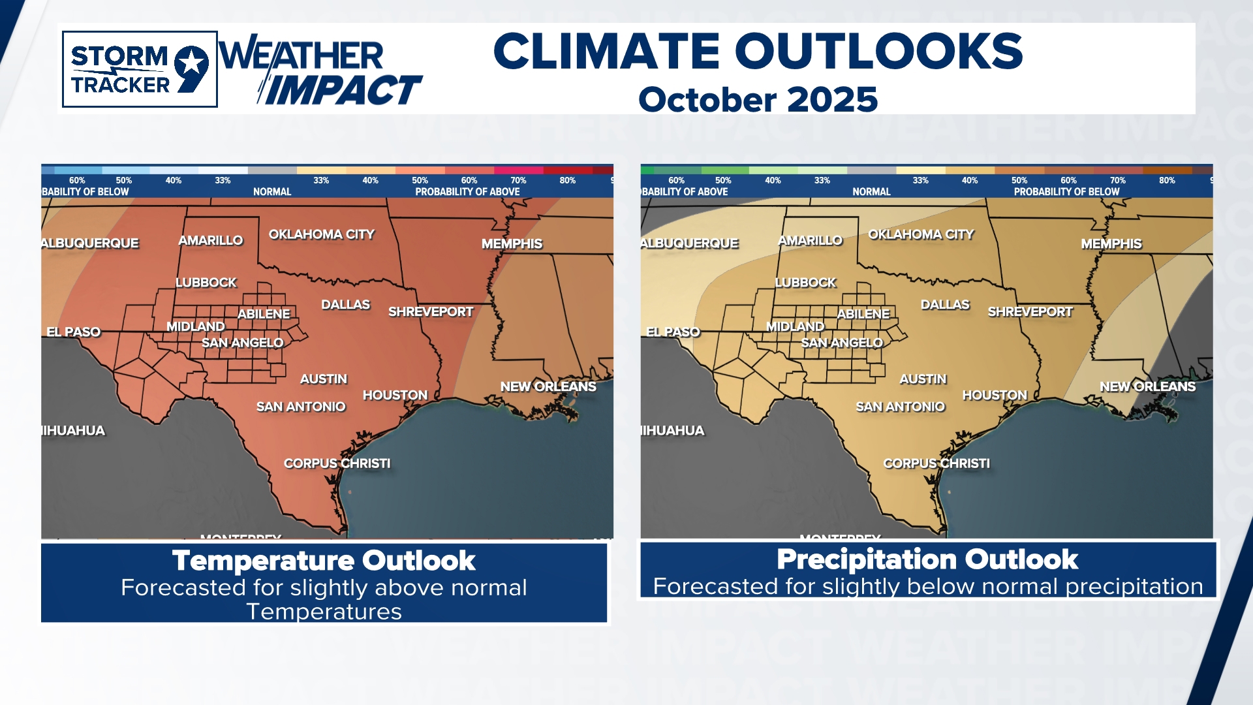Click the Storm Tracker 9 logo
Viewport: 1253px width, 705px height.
pos(140,69)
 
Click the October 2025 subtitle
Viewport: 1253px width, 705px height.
pos(758,100)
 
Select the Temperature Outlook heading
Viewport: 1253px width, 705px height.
pos(324,561)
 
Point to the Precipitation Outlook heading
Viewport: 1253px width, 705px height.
pos(927,559)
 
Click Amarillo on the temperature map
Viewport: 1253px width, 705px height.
pos(210,241)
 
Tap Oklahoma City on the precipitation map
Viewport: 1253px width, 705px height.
pos(920,234)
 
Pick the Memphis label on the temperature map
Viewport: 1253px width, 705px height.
pos(512,244)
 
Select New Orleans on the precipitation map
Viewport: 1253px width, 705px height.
pos(1147,386)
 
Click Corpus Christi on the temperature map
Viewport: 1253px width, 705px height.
pos(337,463)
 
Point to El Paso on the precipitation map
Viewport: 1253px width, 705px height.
pos(672,332)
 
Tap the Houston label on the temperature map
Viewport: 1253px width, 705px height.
pos(395,396)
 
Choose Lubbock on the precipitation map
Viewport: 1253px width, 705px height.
pos(805,283)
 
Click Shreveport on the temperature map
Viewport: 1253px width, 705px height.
pos(430,312)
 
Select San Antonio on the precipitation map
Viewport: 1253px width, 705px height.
pos(900,407)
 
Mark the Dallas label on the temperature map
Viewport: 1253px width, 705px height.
pos(345,305)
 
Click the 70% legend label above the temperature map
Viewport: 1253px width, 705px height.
pos(518,180)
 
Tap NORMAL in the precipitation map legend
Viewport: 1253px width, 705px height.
pos(871,192)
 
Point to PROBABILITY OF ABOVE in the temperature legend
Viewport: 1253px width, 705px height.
pos(467,192)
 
